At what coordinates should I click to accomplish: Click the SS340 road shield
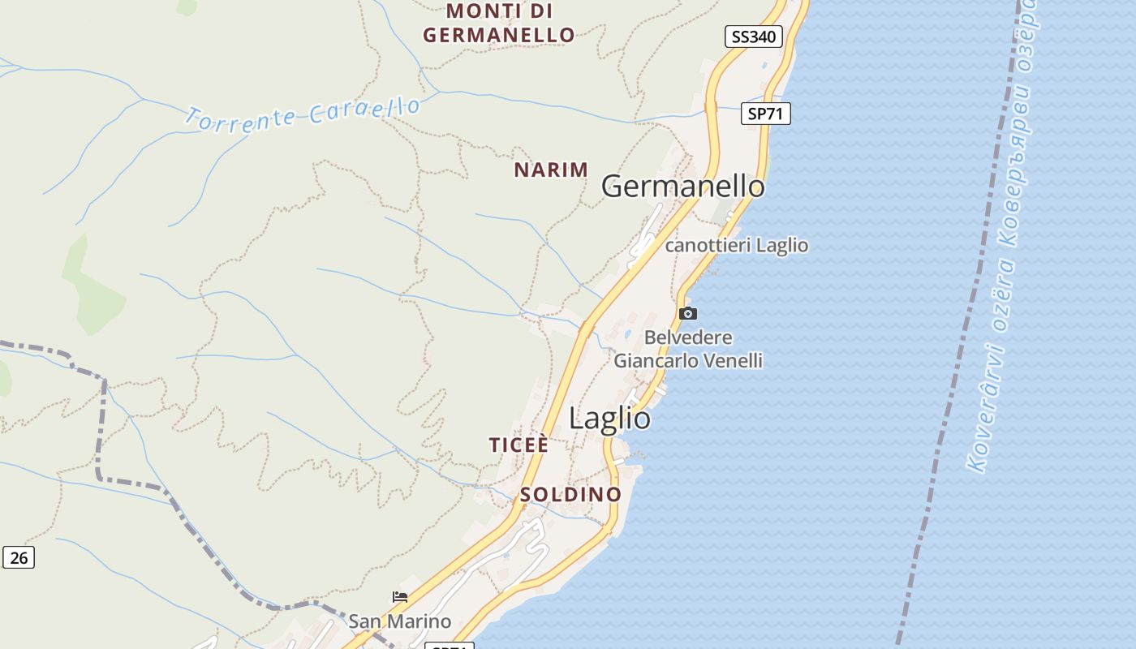(753, 37)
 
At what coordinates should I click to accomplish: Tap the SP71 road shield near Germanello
(765, 114)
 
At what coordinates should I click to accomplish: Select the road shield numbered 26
(19, 557)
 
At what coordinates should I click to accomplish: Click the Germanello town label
(682, 187)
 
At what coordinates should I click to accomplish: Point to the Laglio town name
(609, 419)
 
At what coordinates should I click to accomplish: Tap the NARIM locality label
(551, 170)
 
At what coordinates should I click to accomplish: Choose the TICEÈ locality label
(519, 445)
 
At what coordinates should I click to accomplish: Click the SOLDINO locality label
(570, 494)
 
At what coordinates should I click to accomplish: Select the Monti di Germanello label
(499, 24)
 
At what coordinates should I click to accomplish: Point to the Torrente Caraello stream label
(303, 114)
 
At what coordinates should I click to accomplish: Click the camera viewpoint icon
(687, 313)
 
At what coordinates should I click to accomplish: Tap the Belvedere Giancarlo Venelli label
(688, 349)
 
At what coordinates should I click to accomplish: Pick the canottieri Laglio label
(737, 245)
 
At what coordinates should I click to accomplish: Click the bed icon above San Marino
(400, 597)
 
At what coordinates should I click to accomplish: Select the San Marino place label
(400, 621)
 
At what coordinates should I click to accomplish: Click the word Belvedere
(688, 337)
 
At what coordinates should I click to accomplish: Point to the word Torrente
(240, 118)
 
